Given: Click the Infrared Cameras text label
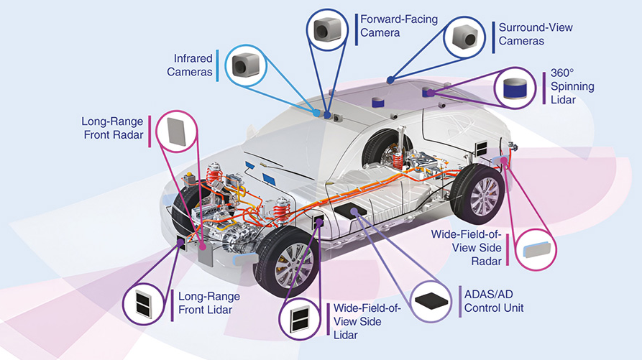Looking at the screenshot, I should pyautogui.click(x=189, y=65).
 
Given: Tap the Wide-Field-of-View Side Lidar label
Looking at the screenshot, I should pyautogui.click(x=366, y=321).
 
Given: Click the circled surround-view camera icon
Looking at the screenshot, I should pyautogui.click(x=467, y=36).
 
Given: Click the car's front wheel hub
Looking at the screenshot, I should pyautogui.click(x=293, y=259).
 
